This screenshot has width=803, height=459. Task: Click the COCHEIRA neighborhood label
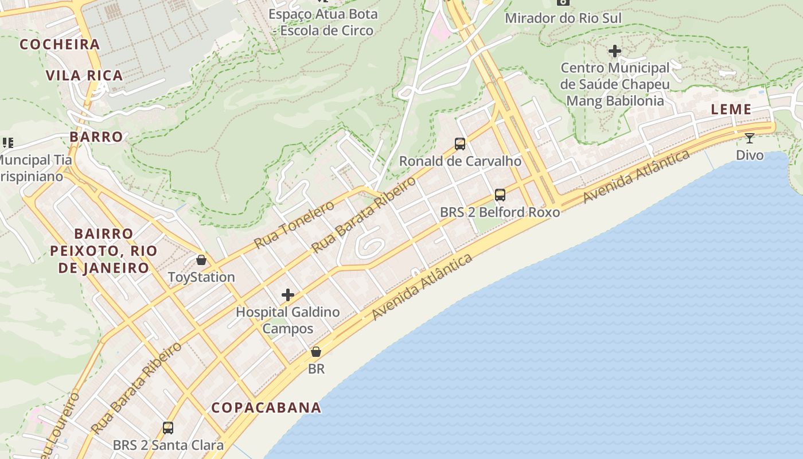60,44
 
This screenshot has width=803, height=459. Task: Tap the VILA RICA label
84,75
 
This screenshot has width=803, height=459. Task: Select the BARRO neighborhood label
96,137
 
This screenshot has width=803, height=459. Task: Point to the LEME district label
731,109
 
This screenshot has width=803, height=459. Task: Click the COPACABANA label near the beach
266,407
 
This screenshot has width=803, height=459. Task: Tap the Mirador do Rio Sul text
563,18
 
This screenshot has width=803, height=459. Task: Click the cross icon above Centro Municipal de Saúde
615,51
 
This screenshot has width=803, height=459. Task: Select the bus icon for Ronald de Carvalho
459,144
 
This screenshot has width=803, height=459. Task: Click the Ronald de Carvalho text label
460,161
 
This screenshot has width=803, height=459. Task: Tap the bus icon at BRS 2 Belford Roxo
500,195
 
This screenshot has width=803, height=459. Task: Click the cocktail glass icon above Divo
750,138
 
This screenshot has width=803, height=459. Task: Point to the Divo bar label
750,155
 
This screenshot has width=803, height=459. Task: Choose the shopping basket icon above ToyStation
201,260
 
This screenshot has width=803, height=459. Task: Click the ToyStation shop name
201,277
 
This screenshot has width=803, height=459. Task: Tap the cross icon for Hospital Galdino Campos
288,295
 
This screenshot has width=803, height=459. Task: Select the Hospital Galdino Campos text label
288,320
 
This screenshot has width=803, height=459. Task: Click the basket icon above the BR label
316,352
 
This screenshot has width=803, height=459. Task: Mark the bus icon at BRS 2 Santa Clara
167,428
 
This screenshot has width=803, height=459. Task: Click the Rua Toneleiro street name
294,224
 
